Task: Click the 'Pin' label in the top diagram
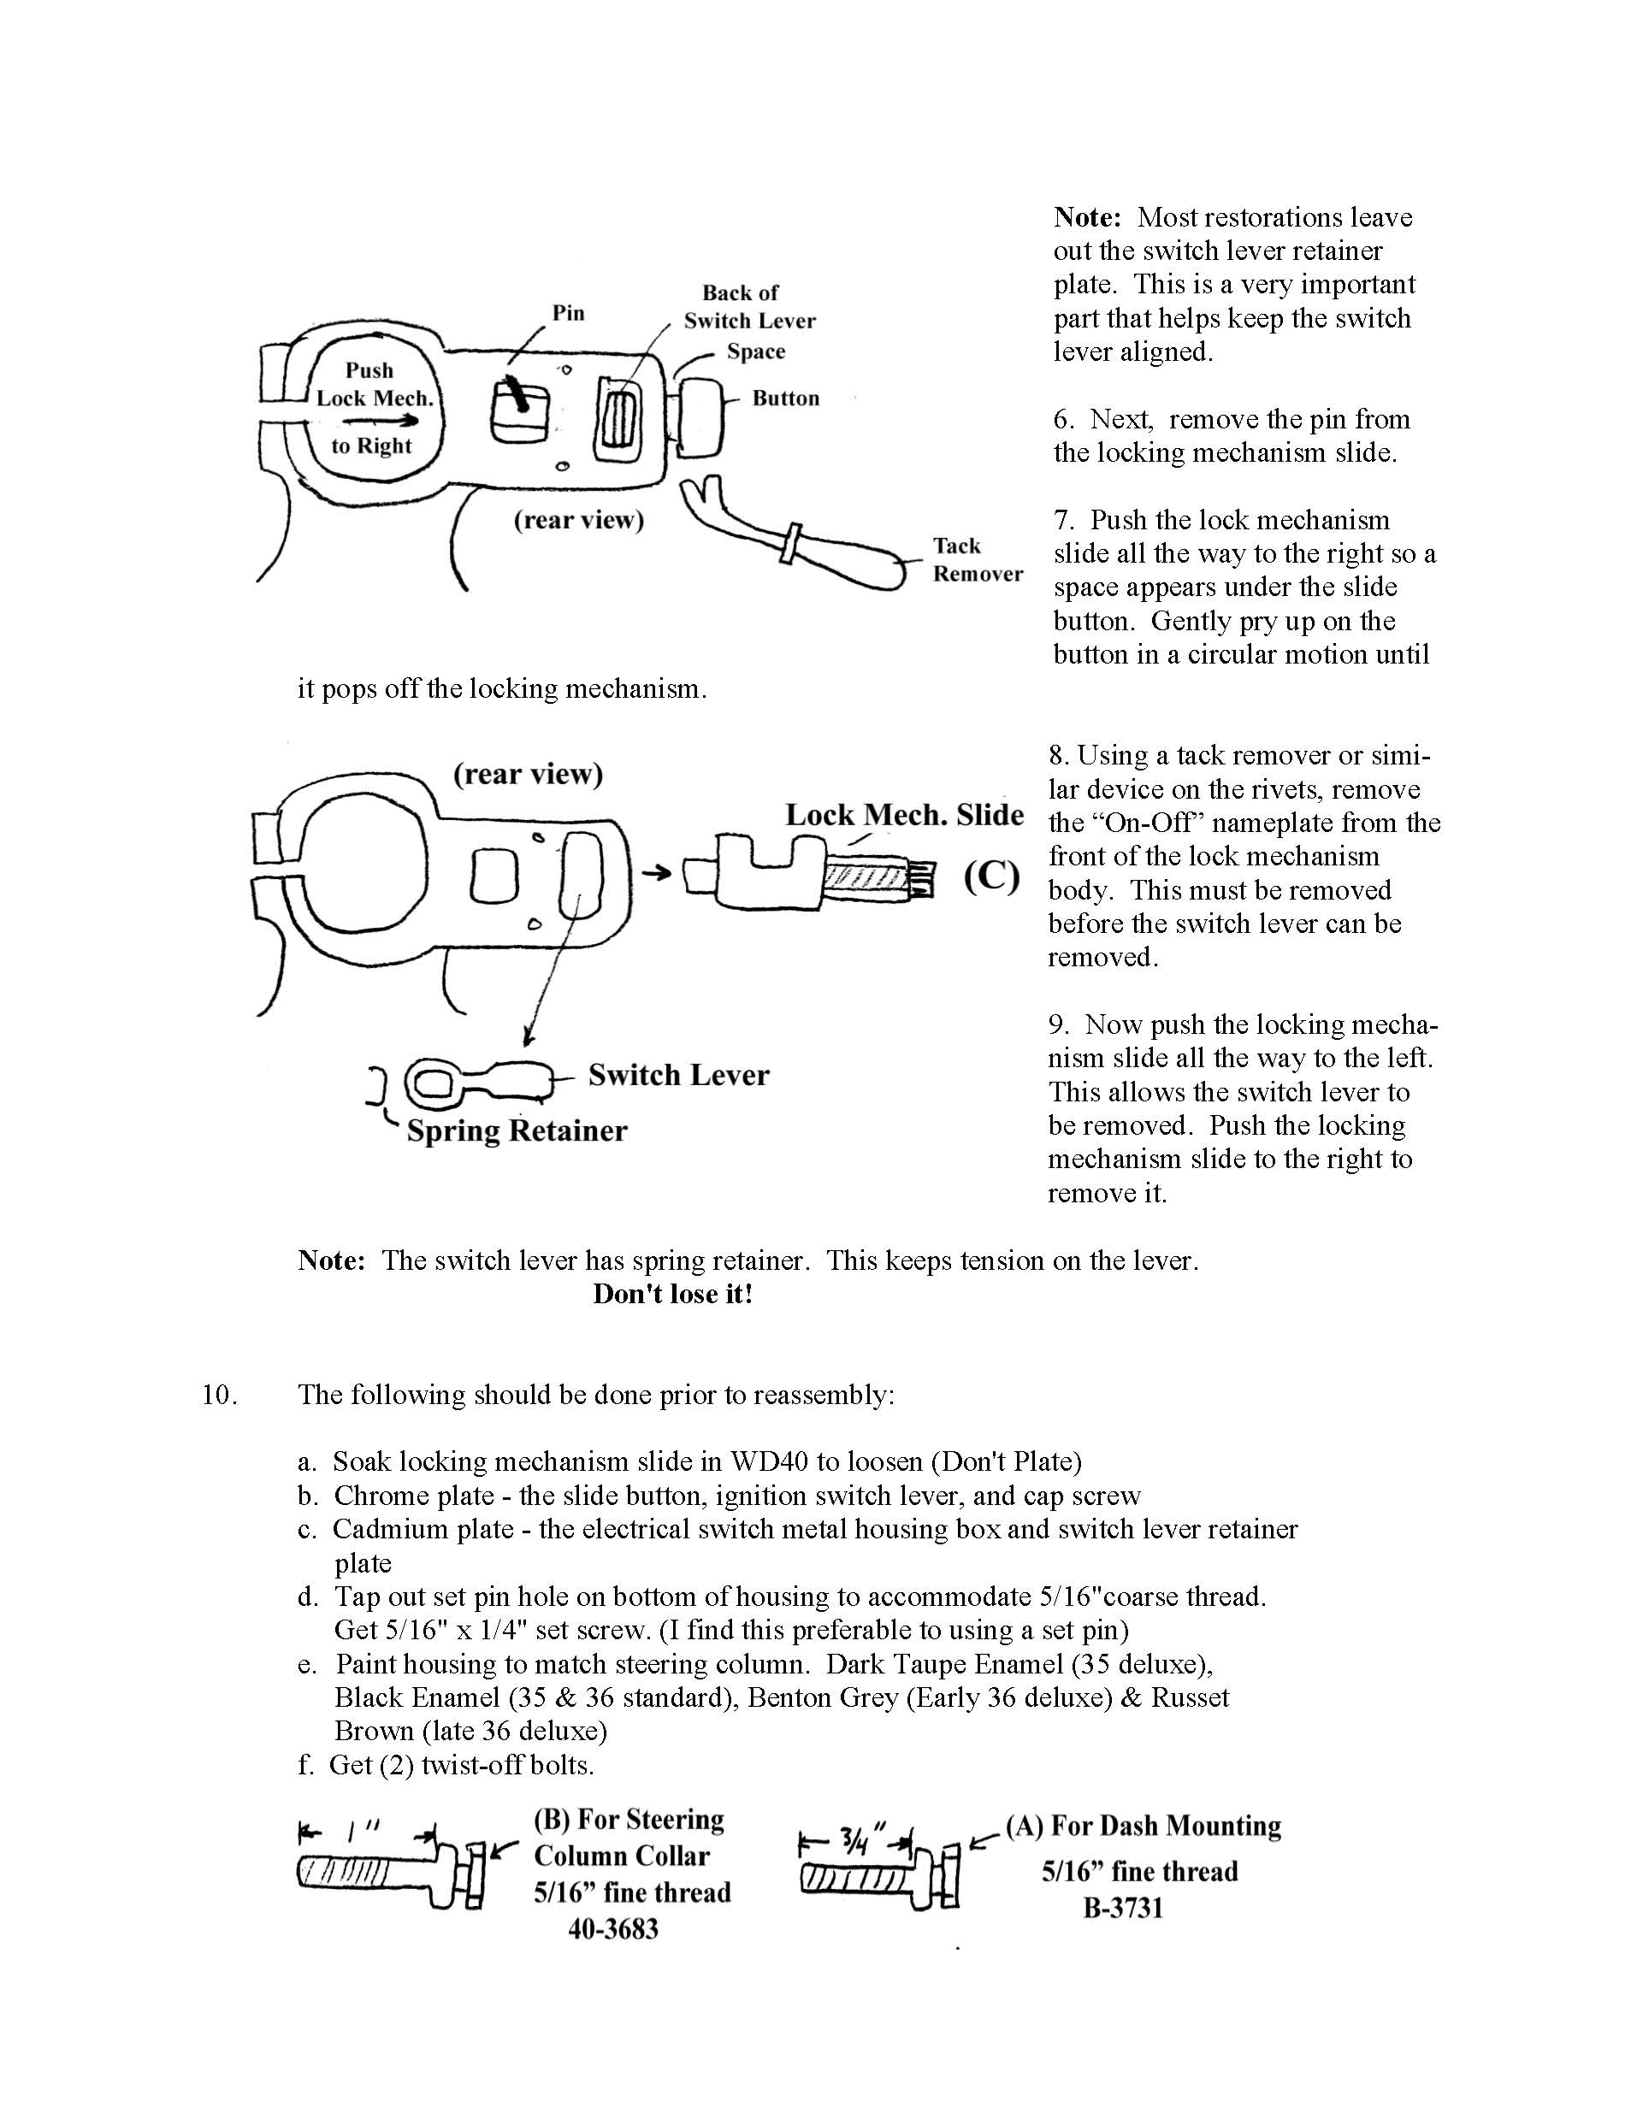(568, 313)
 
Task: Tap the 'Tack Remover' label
(977, 559)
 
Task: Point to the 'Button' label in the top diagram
(785, 398)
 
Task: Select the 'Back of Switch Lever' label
(748, 307)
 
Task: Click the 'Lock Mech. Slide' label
(904, 815)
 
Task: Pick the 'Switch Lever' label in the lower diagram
(678, 1076)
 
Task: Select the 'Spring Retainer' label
(516, 1130)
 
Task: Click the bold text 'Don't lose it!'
(672, 1295)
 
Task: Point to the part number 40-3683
(613, 1929)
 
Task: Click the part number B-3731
(1123, 1909)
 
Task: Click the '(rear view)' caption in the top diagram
(578, 521)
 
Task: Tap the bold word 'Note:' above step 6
(1086, 217)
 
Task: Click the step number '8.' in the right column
(1060, 755)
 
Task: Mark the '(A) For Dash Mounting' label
(1144, 1827)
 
